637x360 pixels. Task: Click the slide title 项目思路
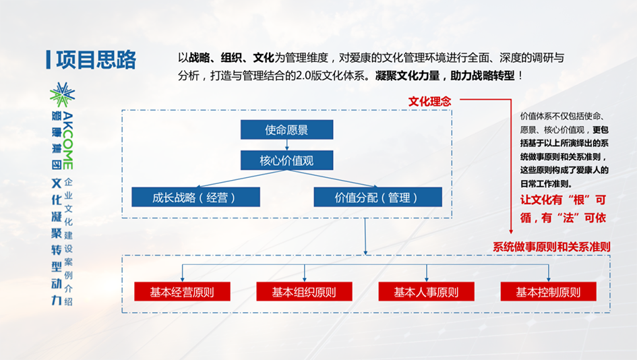point(96,60)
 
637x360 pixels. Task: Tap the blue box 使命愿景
point(286,129)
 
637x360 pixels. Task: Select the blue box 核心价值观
point(286,160)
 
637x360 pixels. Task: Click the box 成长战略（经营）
point(195,197)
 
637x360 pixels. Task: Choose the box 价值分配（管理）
point(377,197)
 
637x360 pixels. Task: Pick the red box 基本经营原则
point(183,292)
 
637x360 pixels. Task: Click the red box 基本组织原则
point(304,292)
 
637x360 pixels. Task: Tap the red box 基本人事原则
point(427,292)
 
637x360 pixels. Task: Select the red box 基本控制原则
point(549,292)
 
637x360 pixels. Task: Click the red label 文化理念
point(429,102)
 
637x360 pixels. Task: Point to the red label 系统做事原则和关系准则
point(551,247)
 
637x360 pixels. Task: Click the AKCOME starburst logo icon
point(62,95)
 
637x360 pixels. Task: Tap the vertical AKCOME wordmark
point(68,141)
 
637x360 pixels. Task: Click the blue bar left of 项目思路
point(49,60)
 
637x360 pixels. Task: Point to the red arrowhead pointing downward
point(511,231)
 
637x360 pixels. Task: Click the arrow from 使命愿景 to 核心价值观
point(286,145)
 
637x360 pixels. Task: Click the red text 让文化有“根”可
point(563,200)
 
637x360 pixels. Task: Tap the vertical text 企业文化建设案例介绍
point(68,242)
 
